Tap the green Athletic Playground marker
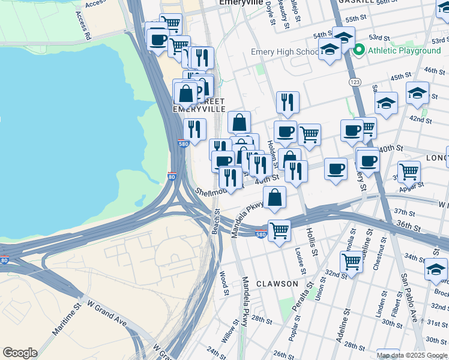(x=359, y=50)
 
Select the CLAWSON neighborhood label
(x=277, y=283)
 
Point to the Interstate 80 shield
(x=172, y=178)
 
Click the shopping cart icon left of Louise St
(x=279, y=229)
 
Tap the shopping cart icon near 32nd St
(x=351, y=260)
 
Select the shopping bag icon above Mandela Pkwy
(x=274, y=197)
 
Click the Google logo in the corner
(x=20, y=353)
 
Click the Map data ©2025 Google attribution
(x=412, y=355)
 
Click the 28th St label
(x=262, y=319)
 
